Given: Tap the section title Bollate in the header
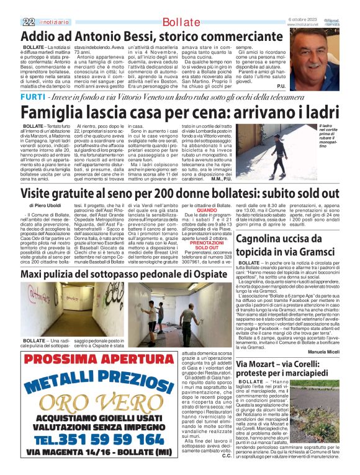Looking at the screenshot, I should [x=181, y=23].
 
